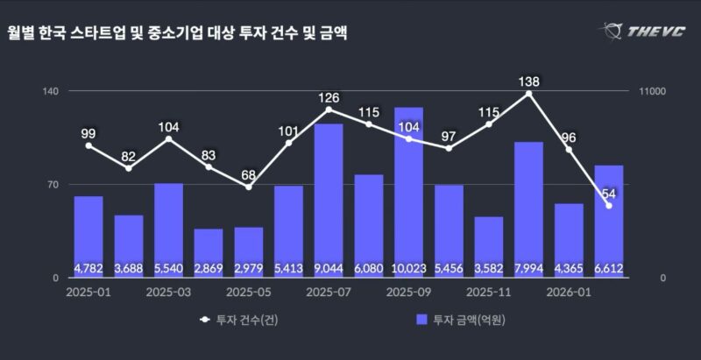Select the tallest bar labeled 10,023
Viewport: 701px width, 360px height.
tap(408, 193)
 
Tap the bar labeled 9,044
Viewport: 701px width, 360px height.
tap(329, 201)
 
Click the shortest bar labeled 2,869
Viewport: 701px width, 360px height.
tap(209, 253)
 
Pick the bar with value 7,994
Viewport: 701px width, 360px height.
tap(528, 209)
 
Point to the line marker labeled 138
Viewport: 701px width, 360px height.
tap(528, 93)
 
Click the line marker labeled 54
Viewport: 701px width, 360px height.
tap(609, 205)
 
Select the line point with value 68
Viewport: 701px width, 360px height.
tap(249, 187)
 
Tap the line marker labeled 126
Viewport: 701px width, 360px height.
tap(329, 109)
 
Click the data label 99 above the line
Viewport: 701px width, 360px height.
tap(89, 134)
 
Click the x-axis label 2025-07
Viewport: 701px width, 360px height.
tap(329, 293)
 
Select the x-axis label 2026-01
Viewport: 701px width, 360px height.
tap(569, 293)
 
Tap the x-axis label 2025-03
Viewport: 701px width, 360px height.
tap(168, 293)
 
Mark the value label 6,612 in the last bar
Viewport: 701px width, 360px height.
tap(609, 268)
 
